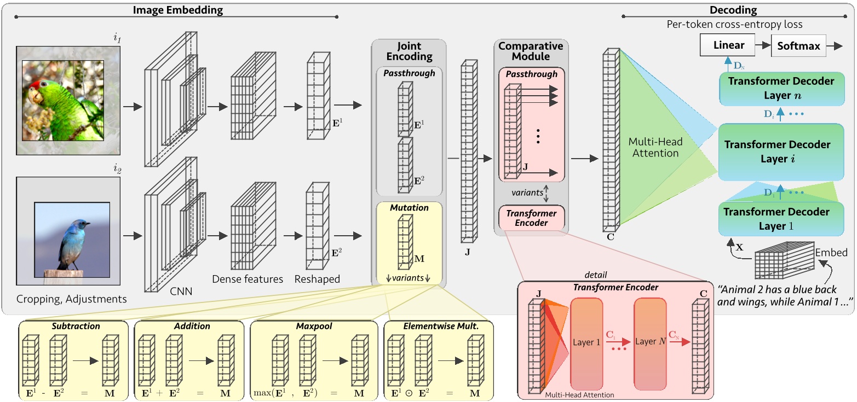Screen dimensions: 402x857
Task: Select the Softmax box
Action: coord(799,46)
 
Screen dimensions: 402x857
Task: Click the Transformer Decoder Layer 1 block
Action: coord(781,218)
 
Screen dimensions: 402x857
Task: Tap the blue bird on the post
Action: coord(73,241)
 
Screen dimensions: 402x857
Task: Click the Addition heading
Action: coord(192,326)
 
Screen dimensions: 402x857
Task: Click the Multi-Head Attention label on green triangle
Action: coord(655,148)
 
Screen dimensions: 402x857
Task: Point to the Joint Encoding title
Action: coord(409,51)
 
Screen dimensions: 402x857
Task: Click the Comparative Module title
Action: coord(531,51)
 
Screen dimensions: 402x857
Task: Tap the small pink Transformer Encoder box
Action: coord(531,218)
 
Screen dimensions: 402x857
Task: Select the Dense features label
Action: coord(248,279)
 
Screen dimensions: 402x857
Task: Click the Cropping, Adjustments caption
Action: coord(72,299)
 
